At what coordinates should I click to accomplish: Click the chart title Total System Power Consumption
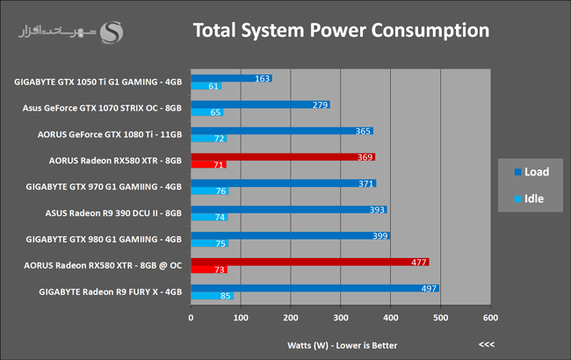[341, 31]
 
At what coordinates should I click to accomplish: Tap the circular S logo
[112, 32]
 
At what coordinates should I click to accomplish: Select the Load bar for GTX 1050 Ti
[232, 78]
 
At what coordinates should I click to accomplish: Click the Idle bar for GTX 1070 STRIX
[206, 112]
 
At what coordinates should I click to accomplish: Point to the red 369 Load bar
[283, 157]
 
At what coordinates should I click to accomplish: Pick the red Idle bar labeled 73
[209, 270]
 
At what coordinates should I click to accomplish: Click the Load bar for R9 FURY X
[315, 288]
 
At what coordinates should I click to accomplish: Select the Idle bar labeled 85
[212, 296]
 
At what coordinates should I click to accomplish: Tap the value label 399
[379, 236]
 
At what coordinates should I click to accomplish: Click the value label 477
[419, 262]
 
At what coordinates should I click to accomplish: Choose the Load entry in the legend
[531, 172]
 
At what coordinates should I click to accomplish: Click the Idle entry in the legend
[529, 198]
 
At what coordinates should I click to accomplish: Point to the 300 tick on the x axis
[341, 318]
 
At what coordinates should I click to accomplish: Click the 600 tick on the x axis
[490, 318]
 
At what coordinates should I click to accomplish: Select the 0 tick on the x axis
[191, 318]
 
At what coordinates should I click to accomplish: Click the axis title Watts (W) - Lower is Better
[343, 345]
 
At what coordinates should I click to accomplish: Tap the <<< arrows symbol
[487, 344]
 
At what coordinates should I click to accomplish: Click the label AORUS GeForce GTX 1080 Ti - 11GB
[110, 134]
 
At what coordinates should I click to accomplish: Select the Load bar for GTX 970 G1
[284, 184]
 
